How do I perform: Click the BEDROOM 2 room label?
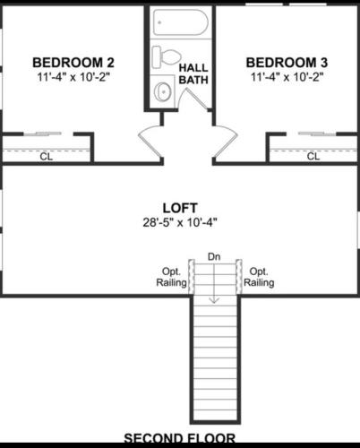coord(73,63)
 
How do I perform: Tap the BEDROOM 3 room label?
coord(287,63)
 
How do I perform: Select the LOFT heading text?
coord(180,208)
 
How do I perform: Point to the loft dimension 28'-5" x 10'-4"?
coord(180,222)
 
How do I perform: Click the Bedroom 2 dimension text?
coord(73,77)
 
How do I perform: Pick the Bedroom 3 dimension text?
coord(287,77)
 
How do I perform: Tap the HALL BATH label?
coord(193,73)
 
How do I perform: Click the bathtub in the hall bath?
coord(181,22)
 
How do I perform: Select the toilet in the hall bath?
coord(167,56)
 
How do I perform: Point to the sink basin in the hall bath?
coord(163,90)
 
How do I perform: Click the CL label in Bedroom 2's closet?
coord(46,157)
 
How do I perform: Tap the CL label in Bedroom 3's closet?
coord(313,156)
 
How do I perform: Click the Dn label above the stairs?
coord(214,256)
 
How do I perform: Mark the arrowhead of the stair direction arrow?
coord(214,301)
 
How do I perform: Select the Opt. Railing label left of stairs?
coord(171,277)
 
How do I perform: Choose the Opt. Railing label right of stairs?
coord(259,277)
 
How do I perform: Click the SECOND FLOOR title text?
coord(180,438)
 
